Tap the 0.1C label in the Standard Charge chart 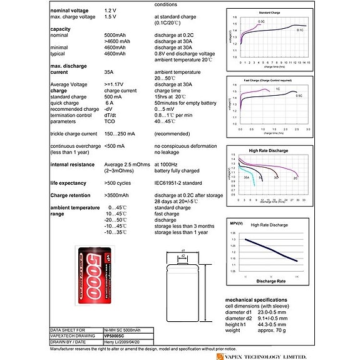pyautogui.click(x=300, y=29)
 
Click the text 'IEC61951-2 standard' pyautogui.click(x=178, y=183)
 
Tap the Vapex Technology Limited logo pyautogui.click(x=263, y=355)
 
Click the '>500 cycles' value pyautogui.click(x=118, y=183)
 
